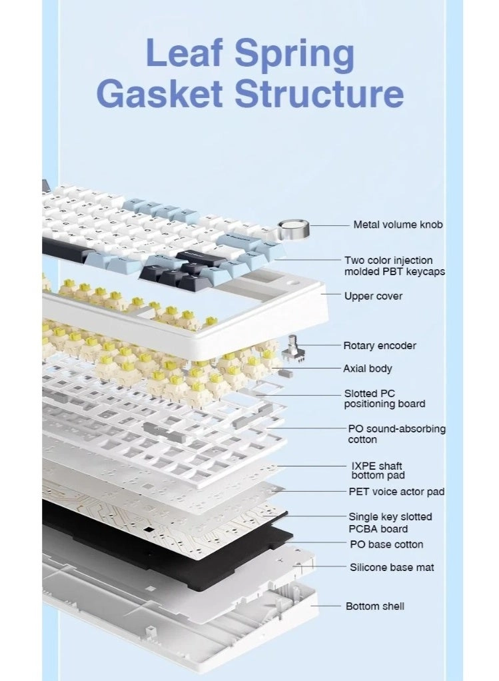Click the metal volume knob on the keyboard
coord(293,231)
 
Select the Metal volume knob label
coord(398,225)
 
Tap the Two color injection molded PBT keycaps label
coord(394,266)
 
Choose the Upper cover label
coord(373,296)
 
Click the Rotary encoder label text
coord(379,345)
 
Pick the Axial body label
coord(367,368)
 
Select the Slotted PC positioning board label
coord(384,398)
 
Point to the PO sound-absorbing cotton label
coord(396,434)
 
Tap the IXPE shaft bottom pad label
coord(377,470)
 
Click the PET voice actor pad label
coord(396,492)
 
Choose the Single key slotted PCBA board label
coord(390,522)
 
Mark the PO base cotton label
coord(386,544)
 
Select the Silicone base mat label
coord(392,567)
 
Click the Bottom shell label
coord(374,606)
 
